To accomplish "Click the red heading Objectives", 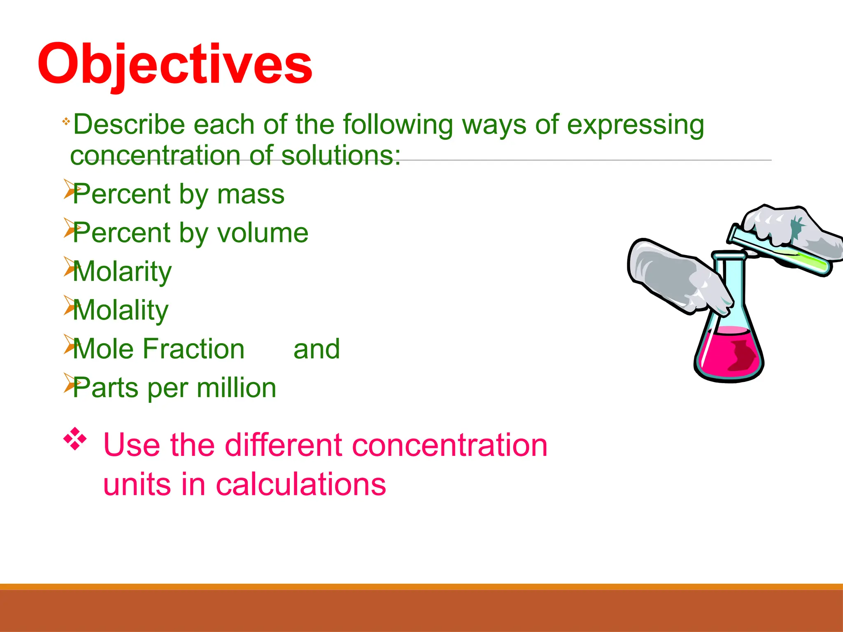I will coord(175,65).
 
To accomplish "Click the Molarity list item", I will coord(122,272).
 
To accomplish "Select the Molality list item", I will coord(120,311).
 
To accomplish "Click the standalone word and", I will coord(317,349).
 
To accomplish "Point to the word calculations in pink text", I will coord(300,484).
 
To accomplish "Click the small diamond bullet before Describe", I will coord(66,121).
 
